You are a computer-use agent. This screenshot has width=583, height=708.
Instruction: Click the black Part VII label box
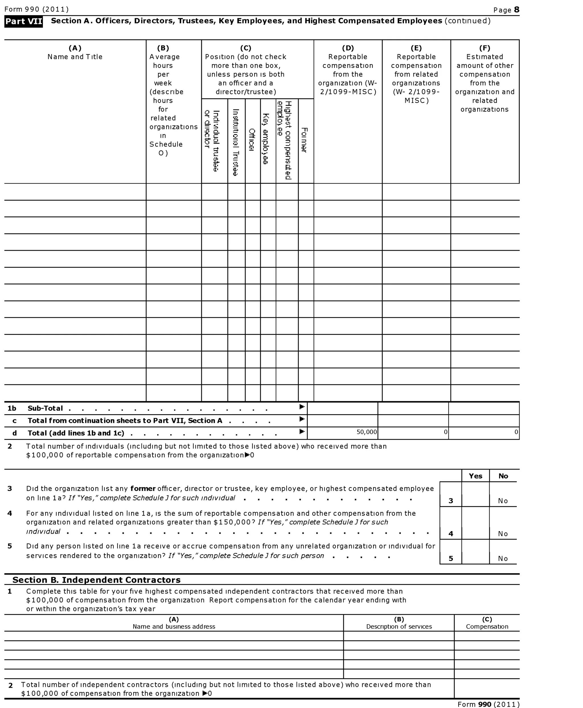(x=24, y=21)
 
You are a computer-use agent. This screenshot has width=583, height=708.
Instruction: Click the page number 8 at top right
(x=516, y=9)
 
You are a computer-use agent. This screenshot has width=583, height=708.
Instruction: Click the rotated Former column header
(x=304, y=140)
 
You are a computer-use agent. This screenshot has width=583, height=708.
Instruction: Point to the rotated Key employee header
(x=266, y=139)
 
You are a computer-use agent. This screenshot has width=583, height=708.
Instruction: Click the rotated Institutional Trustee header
(x=236, y=142)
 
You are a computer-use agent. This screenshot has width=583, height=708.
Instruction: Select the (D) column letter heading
(x=348, y=48)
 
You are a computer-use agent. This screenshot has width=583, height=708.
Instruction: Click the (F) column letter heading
(x=485, y=48)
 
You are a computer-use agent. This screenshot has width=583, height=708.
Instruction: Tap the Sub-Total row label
(x=45, y=408)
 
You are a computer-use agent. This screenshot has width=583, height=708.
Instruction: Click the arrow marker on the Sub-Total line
(x=302, y=407)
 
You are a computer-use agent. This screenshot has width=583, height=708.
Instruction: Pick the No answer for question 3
(x=503, y=501)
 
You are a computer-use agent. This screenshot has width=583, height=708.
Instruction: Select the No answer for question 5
(x=503, y=559)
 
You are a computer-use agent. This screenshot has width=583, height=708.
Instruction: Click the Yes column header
(x=475, y=476)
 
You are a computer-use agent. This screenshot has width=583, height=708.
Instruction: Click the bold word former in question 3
(x=143, y=489)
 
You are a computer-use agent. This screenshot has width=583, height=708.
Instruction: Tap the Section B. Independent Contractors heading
(x=97, y=580)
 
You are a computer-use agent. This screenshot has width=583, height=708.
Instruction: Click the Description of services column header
(x=399, y=627)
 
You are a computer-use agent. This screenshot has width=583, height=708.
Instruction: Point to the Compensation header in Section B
(x=487, y=627)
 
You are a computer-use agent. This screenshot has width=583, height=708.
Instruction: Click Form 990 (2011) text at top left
(x=37, y=9)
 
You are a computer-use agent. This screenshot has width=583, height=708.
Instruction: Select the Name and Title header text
(x=75, y=57)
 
